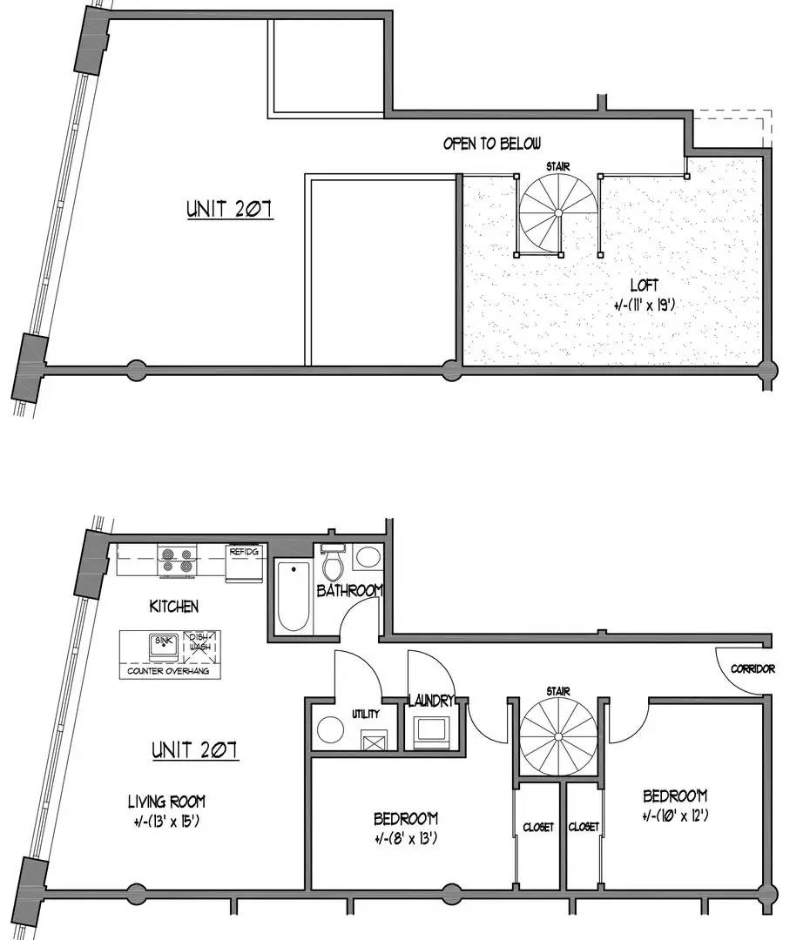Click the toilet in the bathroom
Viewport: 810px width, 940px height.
coord(332,561)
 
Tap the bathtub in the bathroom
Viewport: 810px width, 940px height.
coord(294,596)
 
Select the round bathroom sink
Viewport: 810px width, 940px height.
coord(367,558)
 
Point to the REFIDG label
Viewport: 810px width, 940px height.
coord(244,551)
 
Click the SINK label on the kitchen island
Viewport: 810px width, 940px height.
coord(163,641)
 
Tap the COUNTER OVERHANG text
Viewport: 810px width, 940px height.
coord(168,671)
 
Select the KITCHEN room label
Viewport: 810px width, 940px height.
coord(174,606)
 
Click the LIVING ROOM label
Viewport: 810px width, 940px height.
coord(166,801)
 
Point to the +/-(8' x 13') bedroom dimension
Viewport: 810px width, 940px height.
coord(405,837)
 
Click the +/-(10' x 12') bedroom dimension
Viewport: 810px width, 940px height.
coord(675,816)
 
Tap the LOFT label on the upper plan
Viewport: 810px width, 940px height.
coord(644,285)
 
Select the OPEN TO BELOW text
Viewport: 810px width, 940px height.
coord(492,144)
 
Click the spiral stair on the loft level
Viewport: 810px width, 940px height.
coord(558,214)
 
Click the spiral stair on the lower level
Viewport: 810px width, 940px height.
coord(558,737)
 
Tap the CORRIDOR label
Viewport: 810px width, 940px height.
coord(753,668)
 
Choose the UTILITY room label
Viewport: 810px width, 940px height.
coord(366,714)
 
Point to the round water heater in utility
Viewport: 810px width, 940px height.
coord(330,730)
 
